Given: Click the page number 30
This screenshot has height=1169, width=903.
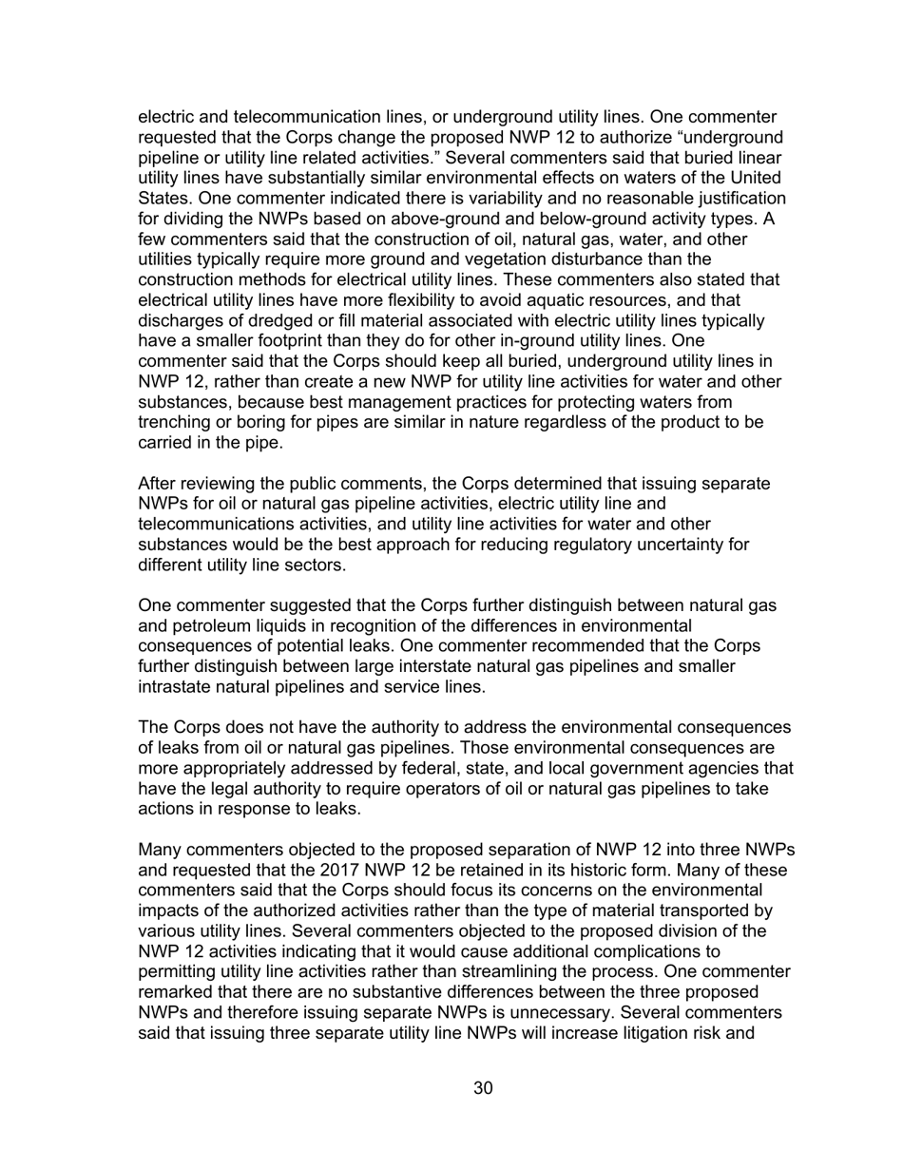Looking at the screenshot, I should [483, 1088].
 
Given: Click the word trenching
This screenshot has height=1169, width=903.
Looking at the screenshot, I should [176, 423].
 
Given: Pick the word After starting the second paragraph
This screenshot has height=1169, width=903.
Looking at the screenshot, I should [160, 484].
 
